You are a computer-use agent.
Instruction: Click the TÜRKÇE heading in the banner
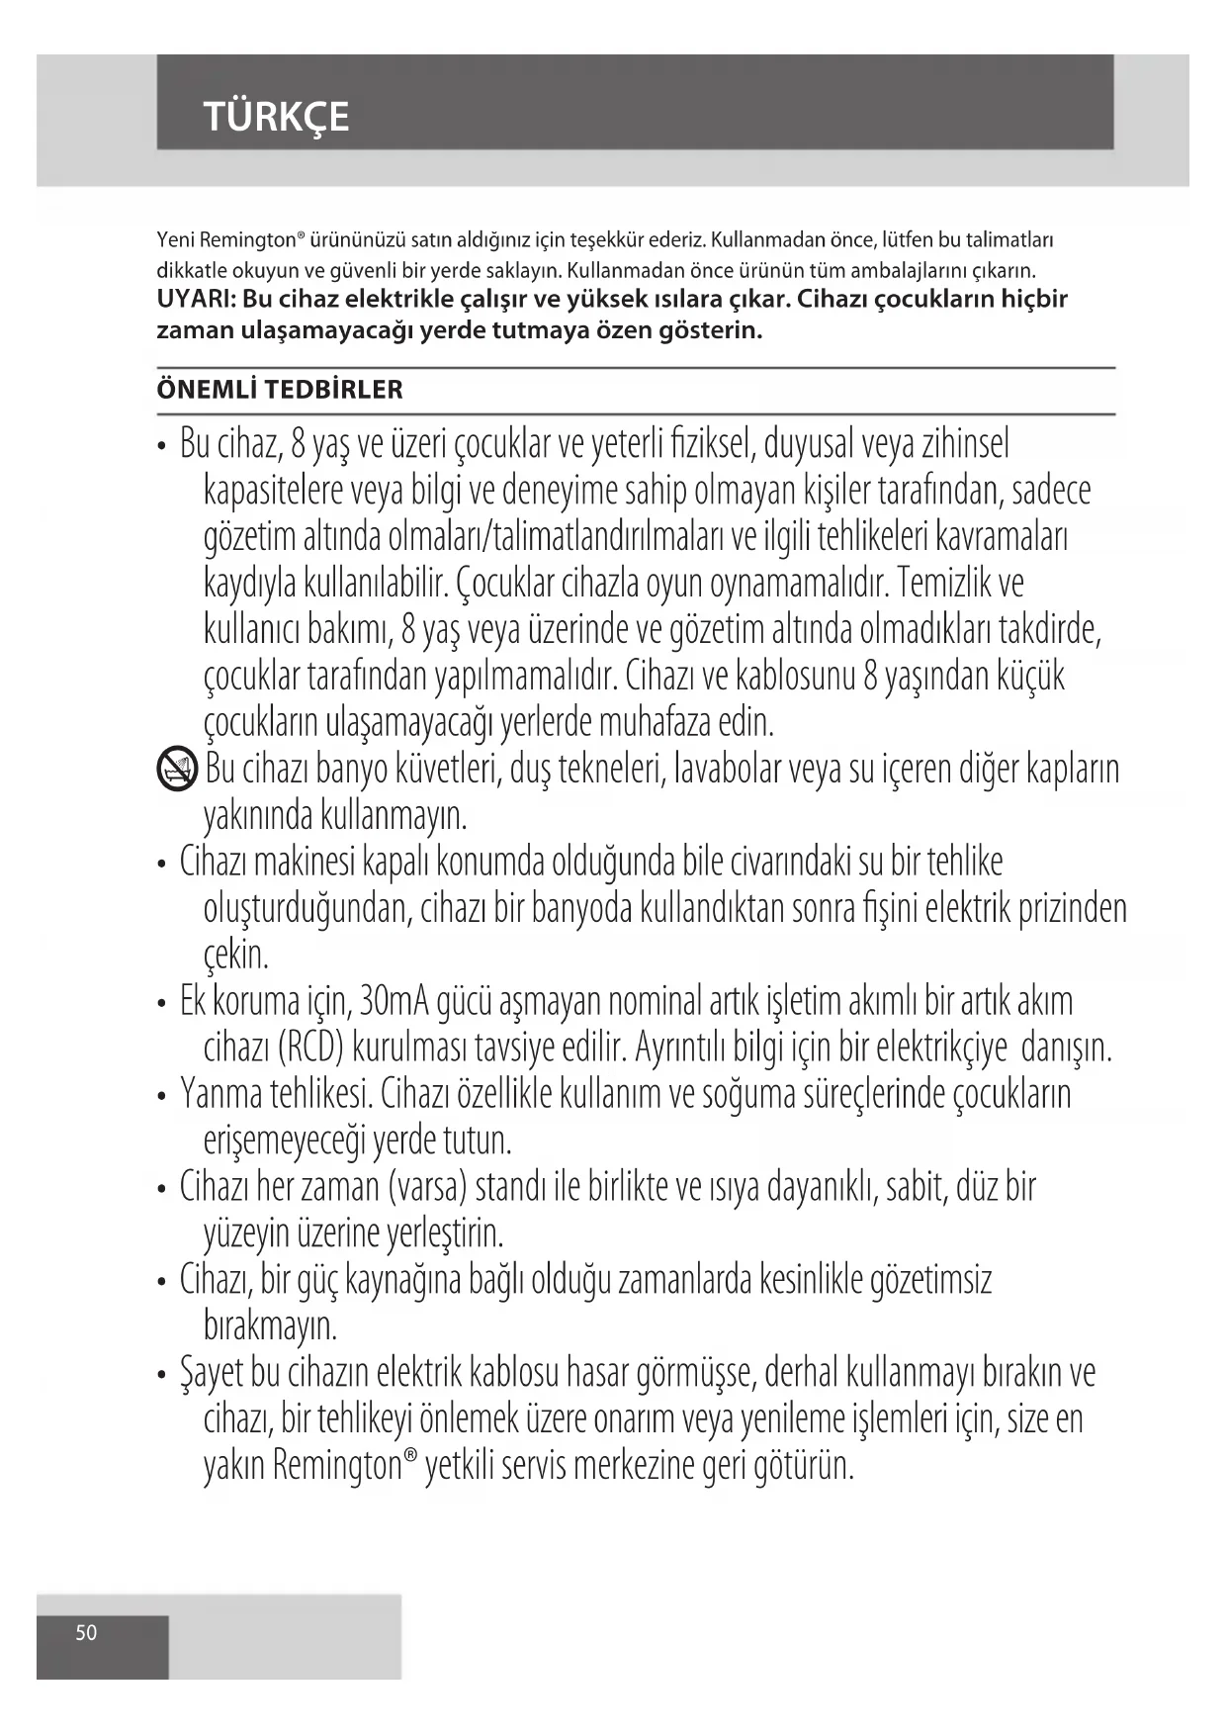(x=276, y=117)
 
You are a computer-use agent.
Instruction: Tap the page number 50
(x=87, y=1632)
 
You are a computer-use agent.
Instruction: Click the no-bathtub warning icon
(x=177, y=770)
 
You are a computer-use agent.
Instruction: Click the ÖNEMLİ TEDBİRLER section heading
(x=280, y=390)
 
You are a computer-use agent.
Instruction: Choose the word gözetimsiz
(x=930, y=1280)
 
